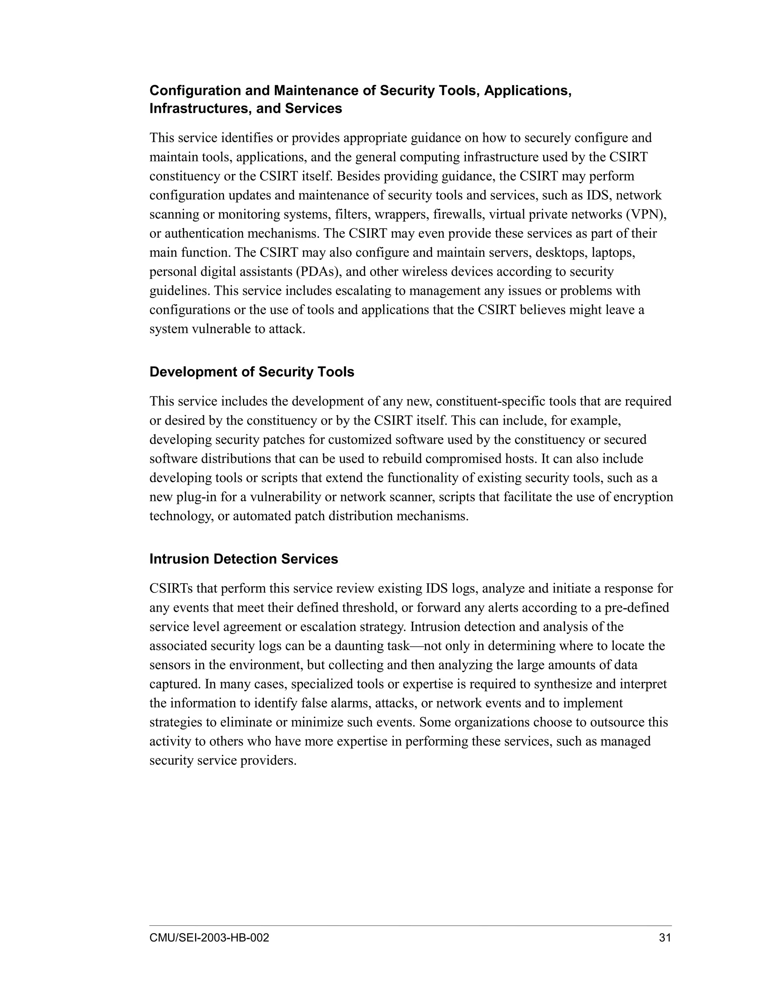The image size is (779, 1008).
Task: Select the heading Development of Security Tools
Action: click(251, 372)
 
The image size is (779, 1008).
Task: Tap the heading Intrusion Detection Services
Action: click(244, 559)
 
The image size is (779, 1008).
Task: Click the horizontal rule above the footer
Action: click(410, 925)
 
